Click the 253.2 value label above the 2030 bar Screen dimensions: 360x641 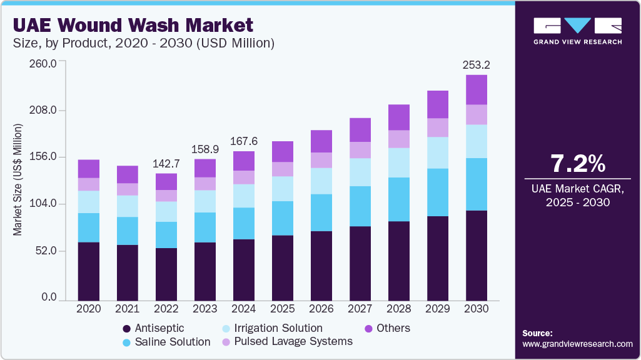(x=477, y=64)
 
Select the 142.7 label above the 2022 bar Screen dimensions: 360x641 (x=166, y=163)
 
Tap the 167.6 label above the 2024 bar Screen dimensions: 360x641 (x=243, y=141)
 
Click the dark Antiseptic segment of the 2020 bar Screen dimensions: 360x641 (x=89, y=271)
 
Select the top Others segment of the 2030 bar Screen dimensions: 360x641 (x=477, y=89)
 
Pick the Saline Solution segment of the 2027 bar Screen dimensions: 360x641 (x=360, y=206)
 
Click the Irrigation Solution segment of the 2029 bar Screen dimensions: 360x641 (x=438, y=152)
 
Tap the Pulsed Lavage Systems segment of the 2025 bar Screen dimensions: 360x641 (x=283, y=169)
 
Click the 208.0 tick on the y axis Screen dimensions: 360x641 (x=44, y=111)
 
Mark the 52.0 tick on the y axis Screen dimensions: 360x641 (x=47, y=251)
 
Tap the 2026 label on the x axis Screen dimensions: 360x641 (x=321, y=308)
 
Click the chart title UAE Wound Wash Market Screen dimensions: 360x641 (x=133, y=26)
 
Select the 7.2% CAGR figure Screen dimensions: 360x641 (x=577, y=164)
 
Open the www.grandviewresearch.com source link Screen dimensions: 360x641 (x=577, y=344)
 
